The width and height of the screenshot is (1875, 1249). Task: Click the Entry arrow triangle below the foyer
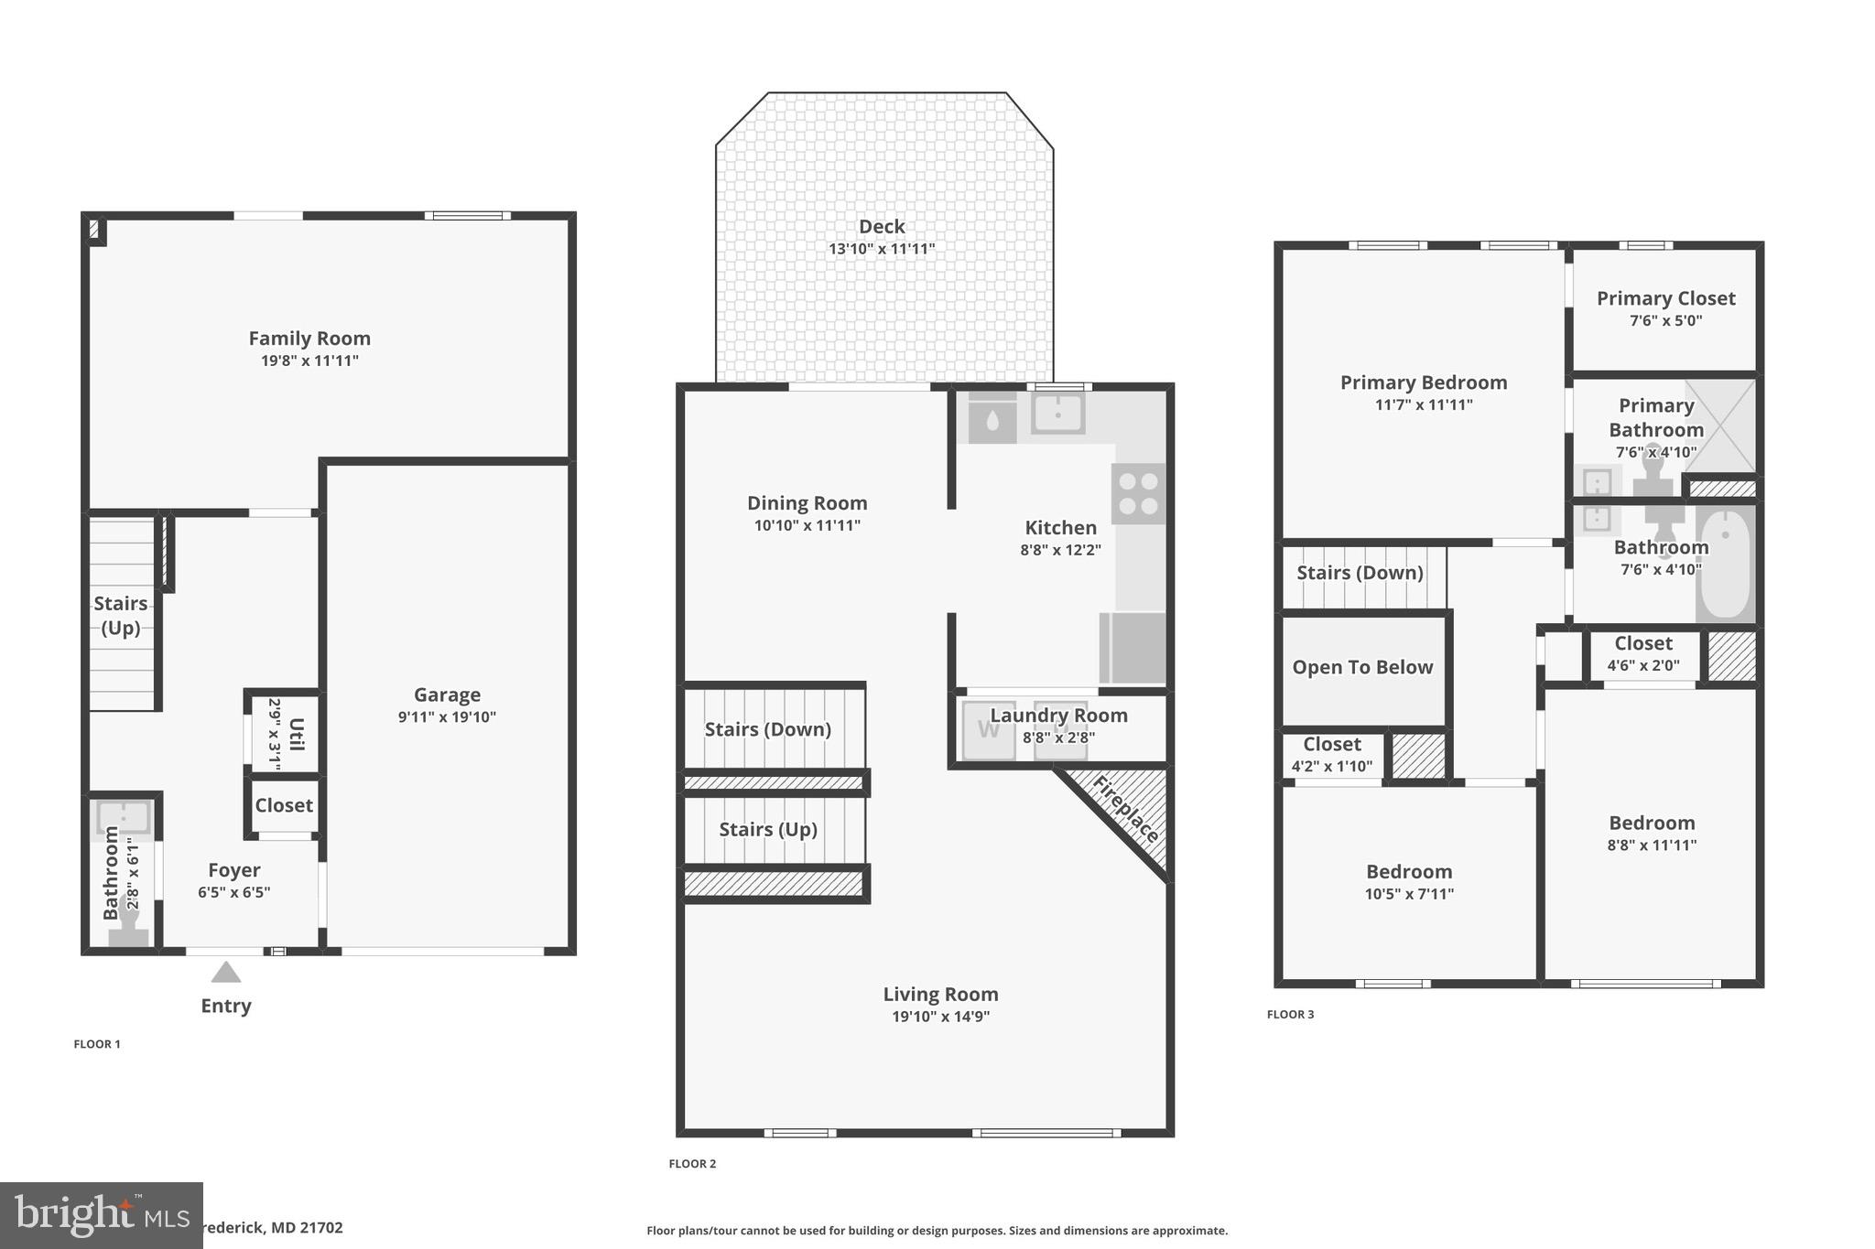226,972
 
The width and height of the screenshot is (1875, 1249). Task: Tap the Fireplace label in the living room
1127,809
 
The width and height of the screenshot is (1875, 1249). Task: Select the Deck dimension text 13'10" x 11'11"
882,249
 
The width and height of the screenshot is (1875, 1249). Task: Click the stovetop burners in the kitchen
1139,493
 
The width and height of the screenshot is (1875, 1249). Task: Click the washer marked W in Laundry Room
988,731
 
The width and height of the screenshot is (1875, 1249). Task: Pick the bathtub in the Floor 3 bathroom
1725,565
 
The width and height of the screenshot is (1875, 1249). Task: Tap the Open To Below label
1362,667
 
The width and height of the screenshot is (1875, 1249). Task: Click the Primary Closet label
1665,298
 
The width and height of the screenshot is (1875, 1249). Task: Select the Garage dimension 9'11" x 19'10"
447,717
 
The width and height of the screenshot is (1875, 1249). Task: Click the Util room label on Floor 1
296,733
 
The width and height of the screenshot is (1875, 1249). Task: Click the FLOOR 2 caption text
692,1164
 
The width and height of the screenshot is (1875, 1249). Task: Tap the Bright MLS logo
101,1215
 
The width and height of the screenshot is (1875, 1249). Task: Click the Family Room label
309,339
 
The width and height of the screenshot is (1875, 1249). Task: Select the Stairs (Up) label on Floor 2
767,829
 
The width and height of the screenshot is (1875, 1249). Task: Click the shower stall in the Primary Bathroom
1719,425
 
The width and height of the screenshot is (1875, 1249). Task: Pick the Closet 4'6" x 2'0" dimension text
1643,666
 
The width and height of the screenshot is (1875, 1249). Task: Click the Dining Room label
807,503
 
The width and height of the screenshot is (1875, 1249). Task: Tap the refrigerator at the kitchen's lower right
1133,648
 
